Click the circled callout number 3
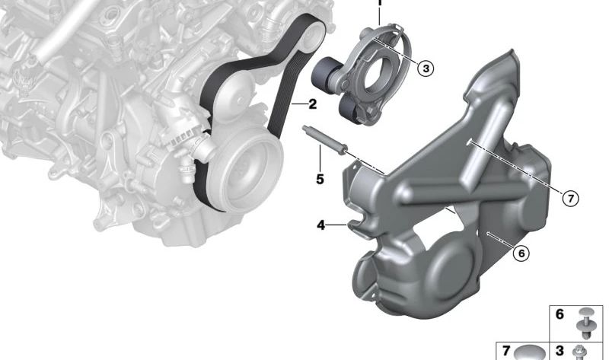[426, 68]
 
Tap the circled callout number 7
[570, 199]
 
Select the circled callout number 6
[521, 253]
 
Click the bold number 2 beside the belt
[313, 104]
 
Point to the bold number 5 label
[320, 179]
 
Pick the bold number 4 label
[320, 225]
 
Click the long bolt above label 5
[325, 140]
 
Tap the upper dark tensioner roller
[325, 73]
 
